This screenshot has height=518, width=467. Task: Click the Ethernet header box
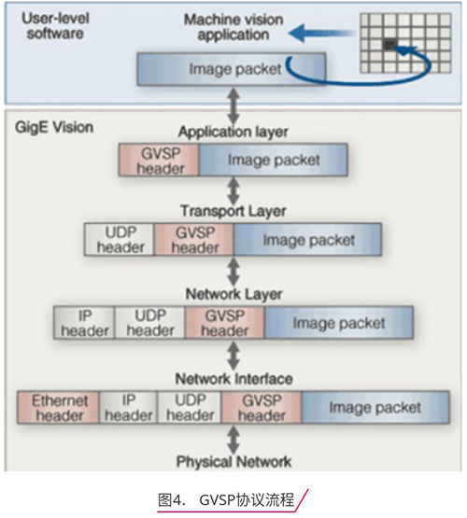tap(58, 407)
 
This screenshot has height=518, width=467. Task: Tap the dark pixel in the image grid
tap(390, 44)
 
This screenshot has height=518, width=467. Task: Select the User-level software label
tap(55, 26)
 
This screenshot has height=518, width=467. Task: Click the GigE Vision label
tap(54, 128)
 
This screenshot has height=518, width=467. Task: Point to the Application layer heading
tap(233, 132)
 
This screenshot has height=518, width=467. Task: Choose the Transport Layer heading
tap(233, 211)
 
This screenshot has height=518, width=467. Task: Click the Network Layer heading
tap(234, 294)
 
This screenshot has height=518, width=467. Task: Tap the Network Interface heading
tap(234, 379)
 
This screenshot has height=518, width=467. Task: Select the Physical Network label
tap(234, 461)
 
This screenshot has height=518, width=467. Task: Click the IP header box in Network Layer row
tap(84, 323)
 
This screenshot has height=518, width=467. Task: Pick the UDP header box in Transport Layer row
tap(120, 240)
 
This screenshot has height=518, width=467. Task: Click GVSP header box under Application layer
tap(159, 160)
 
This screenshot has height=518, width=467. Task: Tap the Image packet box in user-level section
tap(232, 69)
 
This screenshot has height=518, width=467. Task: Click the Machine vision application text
tap(233, 27)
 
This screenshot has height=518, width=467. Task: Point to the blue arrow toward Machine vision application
tap(321, 33)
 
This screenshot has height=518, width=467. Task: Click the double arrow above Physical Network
tap(234, 440)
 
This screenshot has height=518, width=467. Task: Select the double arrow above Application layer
tap(234, 105)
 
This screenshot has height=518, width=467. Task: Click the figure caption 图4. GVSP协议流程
tap(226, 500)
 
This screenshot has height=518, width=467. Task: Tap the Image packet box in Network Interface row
tap(375, 407)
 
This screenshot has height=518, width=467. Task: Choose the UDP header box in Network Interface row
tap(190, 407)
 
